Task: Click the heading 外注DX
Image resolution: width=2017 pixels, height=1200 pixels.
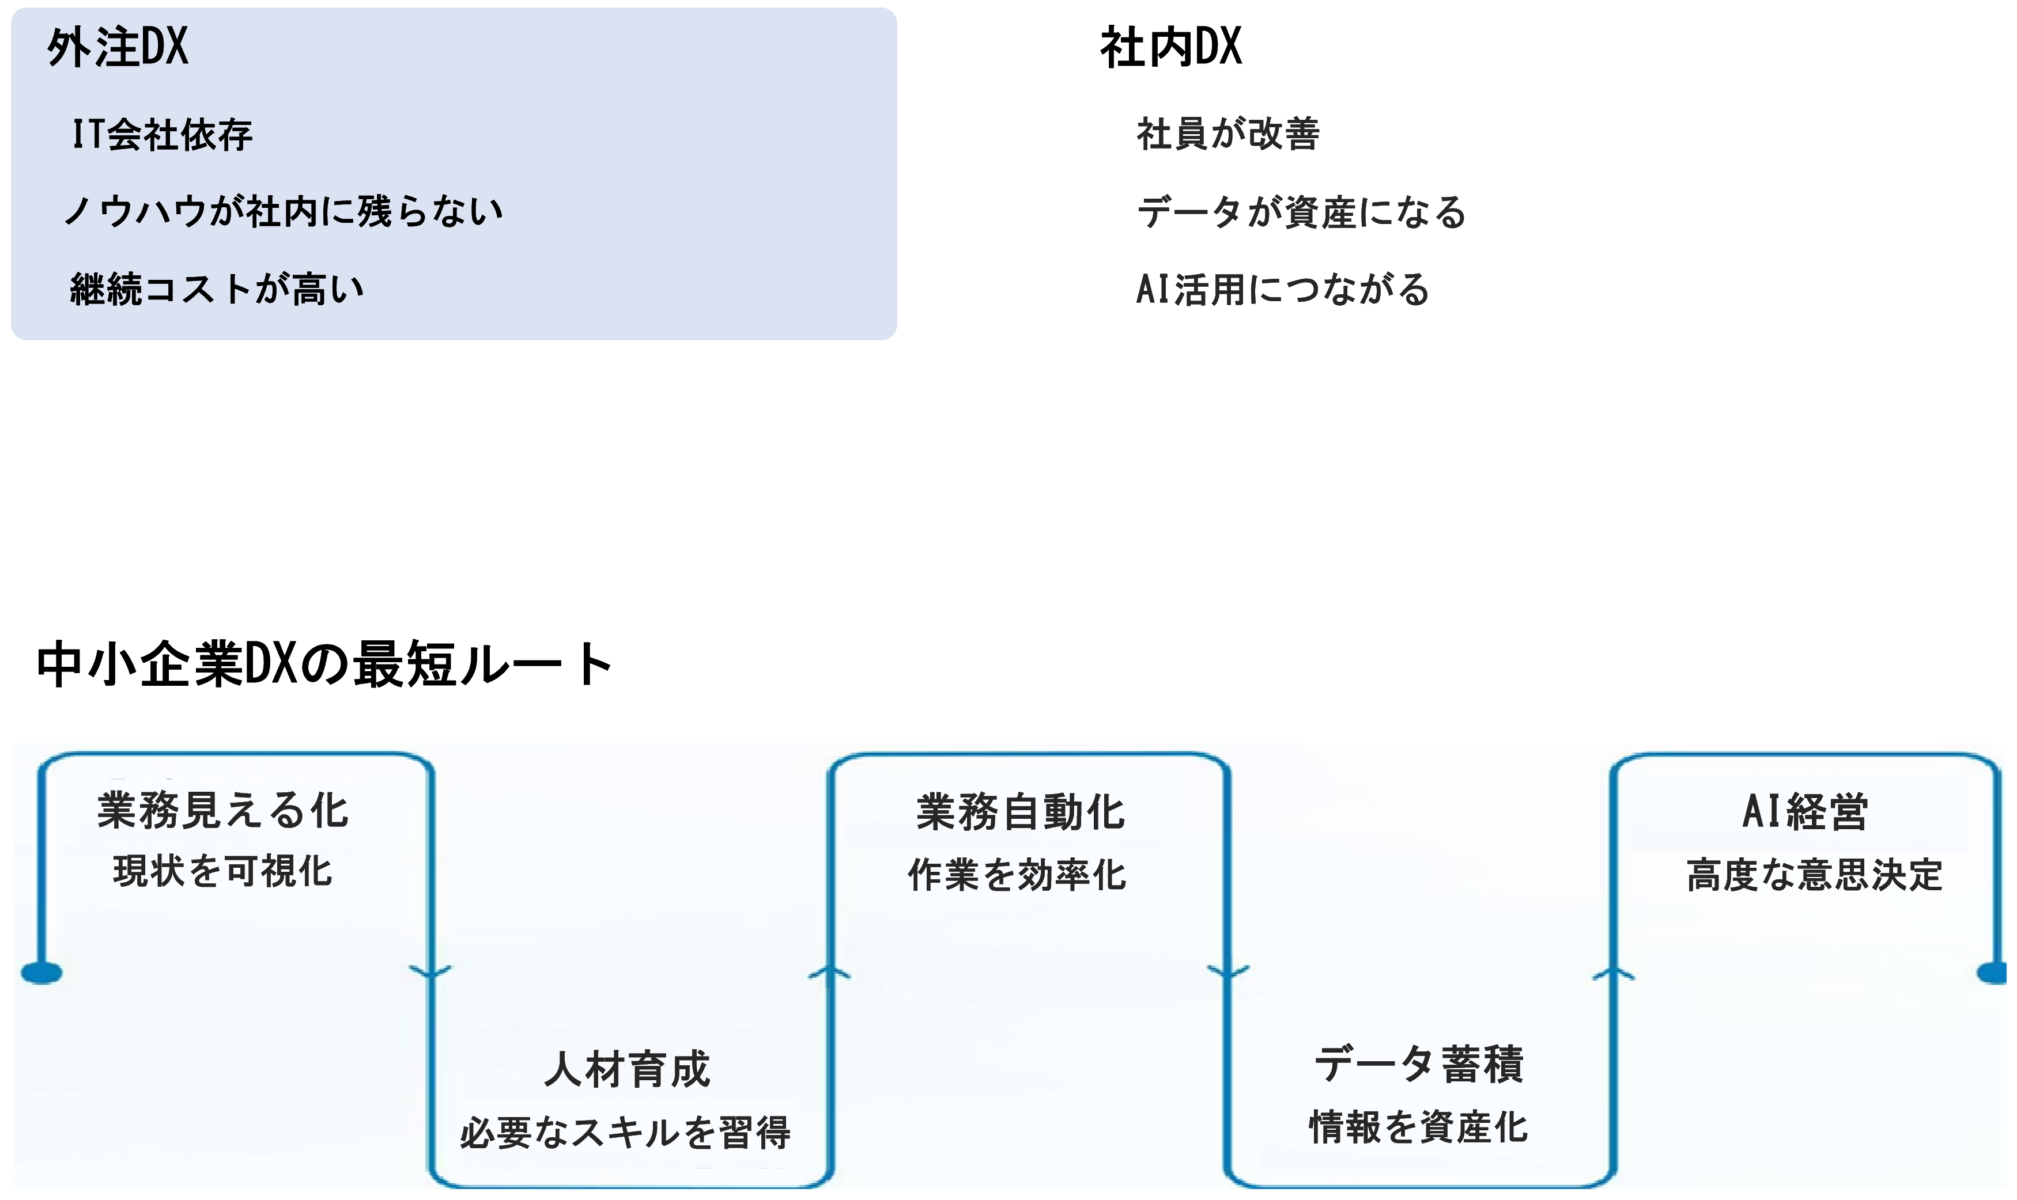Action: click(118, 47)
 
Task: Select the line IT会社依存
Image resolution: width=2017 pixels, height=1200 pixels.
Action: click(162, 134)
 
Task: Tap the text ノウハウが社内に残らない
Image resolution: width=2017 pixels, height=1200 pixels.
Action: click(283, 211)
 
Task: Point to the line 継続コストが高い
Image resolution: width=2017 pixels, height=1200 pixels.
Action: click(217, 288)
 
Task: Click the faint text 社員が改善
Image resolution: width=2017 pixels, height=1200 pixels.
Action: click(1227, 134)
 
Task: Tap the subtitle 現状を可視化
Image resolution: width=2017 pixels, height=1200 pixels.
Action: click(222, 872)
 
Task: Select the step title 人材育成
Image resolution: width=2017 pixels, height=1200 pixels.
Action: click(628, 1069)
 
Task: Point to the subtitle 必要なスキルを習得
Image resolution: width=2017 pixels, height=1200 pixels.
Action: click(625, 1132)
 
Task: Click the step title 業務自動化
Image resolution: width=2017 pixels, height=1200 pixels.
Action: click(1020, 812)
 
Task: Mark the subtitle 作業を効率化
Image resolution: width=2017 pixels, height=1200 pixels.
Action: click(1017, 875)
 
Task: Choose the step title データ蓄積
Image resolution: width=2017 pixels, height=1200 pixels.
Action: click(1419, 1064)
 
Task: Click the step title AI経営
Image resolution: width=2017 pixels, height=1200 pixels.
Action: click(1804, 812)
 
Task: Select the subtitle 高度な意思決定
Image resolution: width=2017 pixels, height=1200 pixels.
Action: click(1814, 875)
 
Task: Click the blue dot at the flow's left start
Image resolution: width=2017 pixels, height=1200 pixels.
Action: click(41, 973)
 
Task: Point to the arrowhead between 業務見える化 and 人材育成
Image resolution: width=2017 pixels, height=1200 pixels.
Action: click(430, 970)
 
